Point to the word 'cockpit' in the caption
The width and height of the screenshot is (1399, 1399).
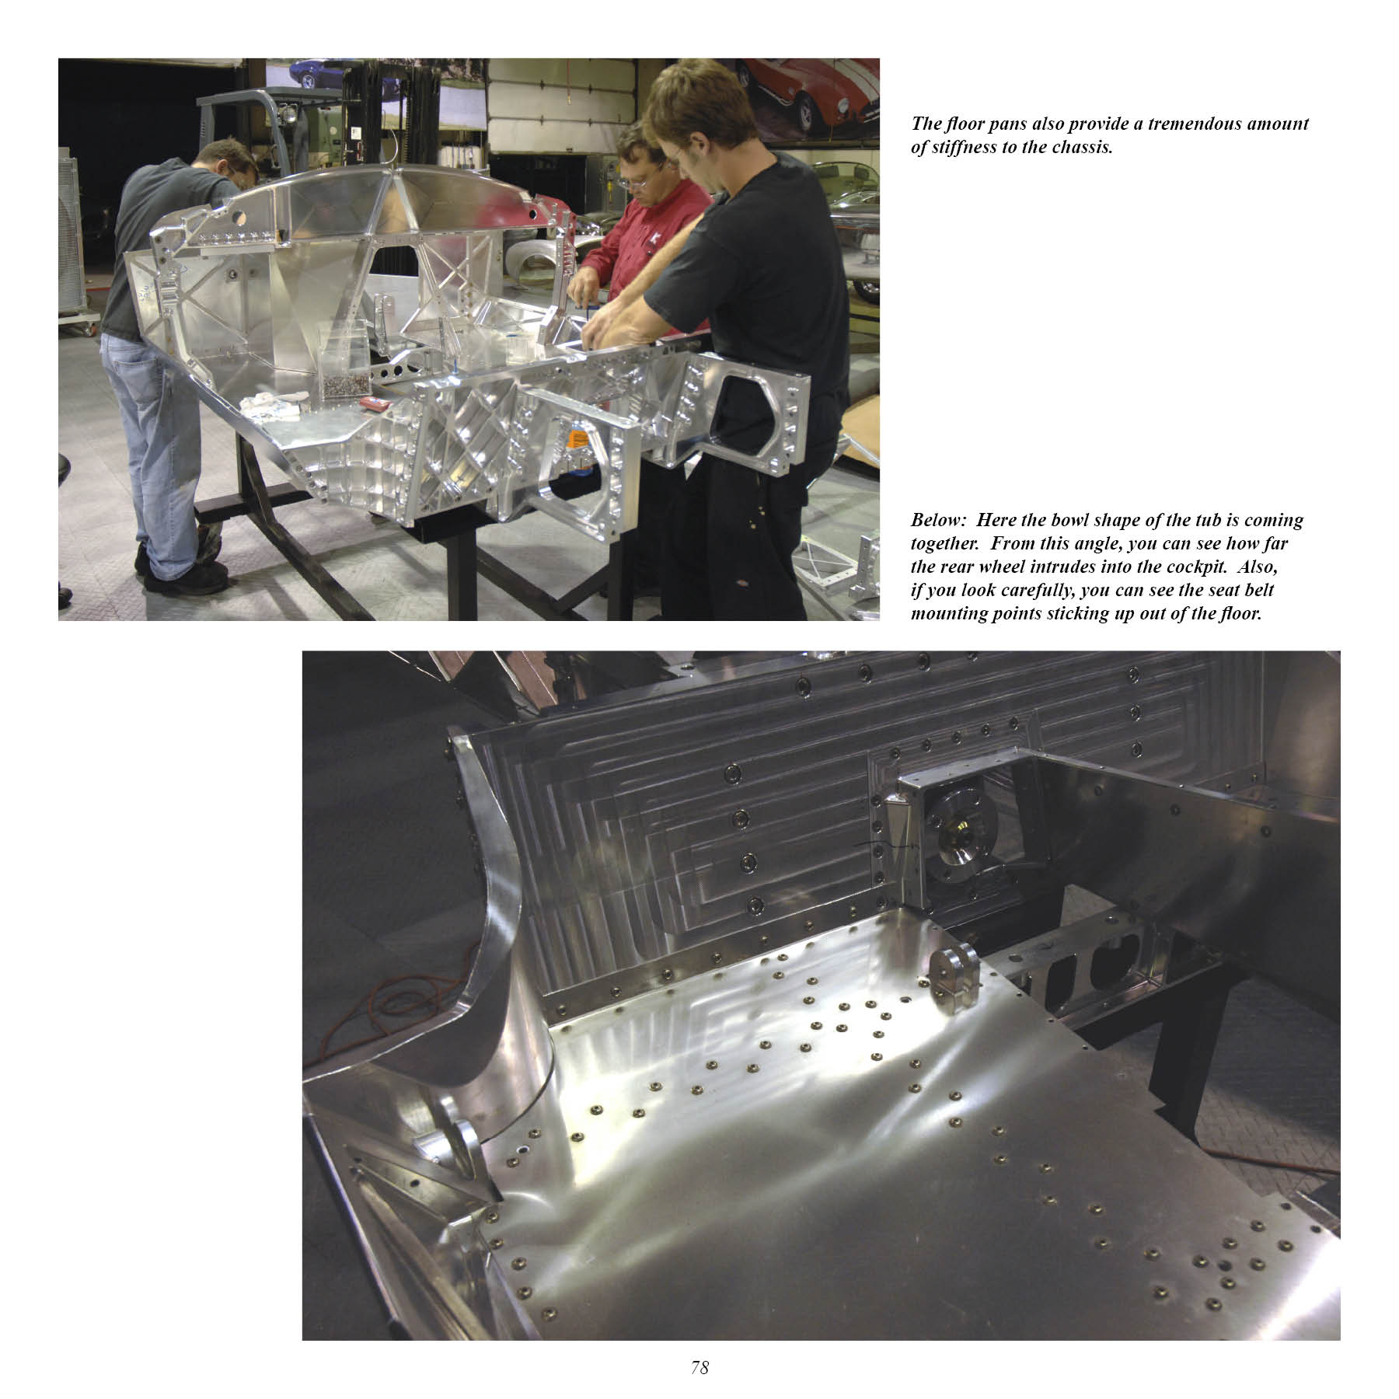pyautogui.click(x=1205, y=567)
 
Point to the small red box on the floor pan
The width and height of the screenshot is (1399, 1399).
pyautogui.click(x=373, y=403)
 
